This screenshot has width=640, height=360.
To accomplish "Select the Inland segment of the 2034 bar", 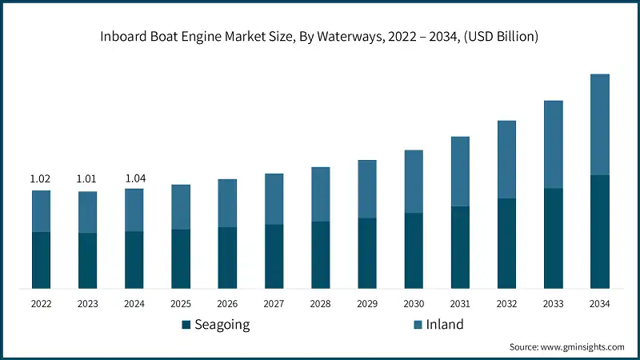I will tap(600, 124).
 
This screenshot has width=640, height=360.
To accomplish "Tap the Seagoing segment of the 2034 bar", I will tap(600, 231).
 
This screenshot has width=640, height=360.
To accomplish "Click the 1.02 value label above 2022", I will tap(40, 178).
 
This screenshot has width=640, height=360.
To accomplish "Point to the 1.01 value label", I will tap(86, 178).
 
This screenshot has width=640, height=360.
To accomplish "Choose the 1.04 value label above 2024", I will tap(134, 178).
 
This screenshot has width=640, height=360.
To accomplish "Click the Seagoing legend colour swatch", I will tap(186, 325).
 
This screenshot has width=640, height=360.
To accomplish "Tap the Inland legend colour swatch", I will tap(417, 325).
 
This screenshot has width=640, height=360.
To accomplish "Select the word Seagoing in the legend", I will tap(223, 325).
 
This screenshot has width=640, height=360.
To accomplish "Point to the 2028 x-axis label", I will tap(320, 304).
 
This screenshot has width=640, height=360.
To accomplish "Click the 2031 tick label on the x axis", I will tap(460, 304).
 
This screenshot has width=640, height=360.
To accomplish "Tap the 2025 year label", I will tap(181, 304).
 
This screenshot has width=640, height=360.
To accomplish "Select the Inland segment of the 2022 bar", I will tap(41, 211).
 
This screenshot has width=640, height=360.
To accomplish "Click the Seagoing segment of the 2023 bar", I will tap(87, 260).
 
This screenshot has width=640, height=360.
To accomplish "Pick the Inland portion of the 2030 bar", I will tap(414, 182).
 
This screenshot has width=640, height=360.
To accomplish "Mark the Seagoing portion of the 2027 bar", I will tap(274, 256).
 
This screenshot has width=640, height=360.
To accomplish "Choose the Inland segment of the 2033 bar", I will tap(554, 144).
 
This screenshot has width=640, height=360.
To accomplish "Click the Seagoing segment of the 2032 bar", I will tap(506, 243).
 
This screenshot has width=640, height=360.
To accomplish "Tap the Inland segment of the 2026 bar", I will tap(227, 203).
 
